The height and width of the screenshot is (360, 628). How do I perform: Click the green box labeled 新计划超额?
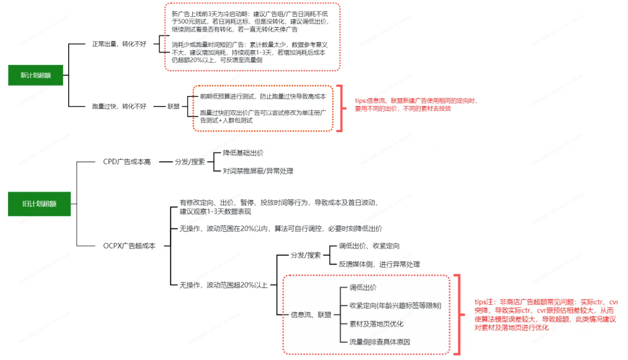(35, 76)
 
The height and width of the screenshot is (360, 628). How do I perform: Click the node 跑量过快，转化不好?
(118, 107)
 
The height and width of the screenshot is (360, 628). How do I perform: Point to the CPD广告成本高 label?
(126, 162)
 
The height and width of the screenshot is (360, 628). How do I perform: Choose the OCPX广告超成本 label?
(129, 246)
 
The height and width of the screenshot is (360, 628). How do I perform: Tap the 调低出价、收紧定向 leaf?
(369, 246)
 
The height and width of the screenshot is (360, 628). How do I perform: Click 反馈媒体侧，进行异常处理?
(379, 264)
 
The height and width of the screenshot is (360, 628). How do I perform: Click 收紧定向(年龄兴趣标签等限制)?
(395, 305)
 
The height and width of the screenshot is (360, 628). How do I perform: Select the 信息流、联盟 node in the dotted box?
(311, 315)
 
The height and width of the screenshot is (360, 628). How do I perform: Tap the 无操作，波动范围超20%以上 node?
(223, 285)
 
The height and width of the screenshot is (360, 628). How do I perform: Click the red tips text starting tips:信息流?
(416, 104)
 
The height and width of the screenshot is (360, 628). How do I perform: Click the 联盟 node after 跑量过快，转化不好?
(174, 107)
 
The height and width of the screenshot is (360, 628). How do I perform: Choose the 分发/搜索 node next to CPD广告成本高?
(190, 162)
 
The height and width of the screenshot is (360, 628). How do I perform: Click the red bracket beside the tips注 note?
(458, 315)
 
